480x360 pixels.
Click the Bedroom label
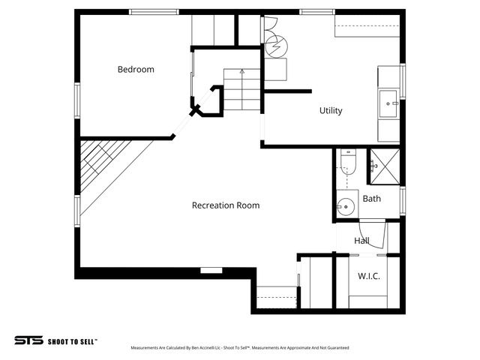(136, 70)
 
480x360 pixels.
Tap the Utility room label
(331, 111)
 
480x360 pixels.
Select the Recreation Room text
(226, 205)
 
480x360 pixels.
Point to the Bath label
(372, 199)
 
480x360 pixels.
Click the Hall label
(362, 241)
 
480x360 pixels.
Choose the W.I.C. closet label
(368, 277)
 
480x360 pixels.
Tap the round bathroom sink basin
(346, 205)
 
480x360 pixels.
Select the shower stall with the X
(383, 166)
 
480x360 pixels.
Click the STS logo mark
(28, 340)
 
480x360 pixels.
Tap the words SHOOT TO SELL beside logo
(73, 341)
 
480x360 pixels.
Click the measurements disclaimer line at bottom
(239, 348)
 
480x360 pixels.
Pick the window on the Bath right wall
(403, 200)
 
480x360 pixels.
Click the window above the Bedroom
(154, 12)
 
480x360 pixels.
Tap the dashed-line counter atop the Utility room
(367, 30)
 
